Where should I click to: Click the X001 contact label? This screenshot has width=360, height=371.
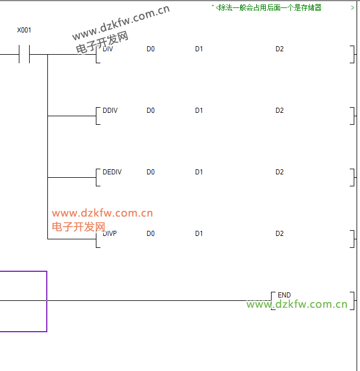[x=24, y=30]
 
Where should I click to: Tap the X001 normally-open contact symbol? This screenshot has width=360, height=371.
[x=24, y=55]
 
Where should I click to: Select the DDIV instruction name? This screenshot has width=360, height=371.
[x=110, y=111]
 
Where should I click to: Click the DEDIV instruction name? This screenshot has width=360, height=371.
[x=112, y=172]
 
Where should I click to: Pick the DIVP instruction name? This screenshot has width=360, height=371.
[x=110, y=234]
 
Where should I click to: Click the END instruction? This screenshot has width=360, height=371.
[x=284, y=295]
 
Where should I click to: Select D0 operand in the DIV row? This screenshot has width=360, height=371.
[x=151, y=49]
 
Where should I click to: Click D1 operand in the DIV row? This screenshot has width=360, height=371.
[x=199, y=49]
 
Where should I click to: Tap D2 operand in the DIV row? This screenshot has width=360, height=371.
[x=280, y=49]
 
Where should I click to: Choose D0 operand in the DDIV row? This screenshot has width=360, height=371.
[x=151, y=111]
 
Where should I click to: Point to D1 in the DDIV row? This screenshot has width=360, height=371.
[x=199, y=111]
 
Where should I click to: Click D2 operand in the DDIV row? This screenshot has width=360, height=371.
[x=280, y=111]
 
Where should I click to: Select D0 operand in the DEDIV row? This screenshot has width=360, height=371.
[x=151, y=172]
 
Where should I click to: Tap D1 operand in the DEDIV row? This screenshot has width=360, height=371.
[x=199, y=172]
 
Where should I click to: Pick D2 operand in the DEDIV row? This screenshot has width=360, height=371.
[x=280, y=172]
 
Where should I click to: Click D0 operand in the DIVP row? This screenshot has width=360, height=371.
[x=151, y=234]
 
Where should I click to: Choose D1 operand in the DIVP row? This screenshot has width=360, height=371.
[x=199, y=234]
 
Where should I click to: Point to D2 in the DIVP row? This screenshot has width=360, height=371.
[x=280, y=234]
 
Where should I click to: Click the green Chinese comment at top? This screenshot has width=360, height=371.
[x=269, y=7]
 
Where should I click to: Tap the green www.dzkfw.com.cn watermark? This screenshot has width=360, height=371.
[x=297, y=304]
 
